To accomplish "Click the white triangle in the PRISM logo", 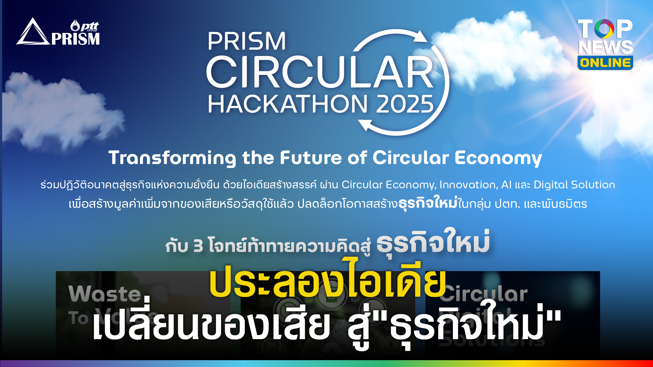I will tap(33, 33).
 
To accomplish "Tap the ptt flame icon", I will tap(75, 25).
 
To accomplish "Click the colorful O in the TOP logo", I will tap(604, 29).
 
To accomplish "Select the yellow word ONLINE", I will tap(605, 63).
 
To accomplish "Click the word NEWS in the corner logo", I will tap(605, 47).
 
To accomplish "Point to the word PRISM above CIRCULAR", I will tap(247, 41).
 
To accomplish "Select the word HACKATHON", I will tap(287, 104).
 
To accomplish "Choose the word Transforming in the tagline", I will tap(172, 158).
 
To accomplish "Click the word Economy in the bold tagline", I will tap(498, 158).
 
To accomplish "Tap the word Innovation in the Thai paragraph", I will tap(468, 185).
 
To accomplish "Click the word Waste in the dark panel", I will tap(105, 294).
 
